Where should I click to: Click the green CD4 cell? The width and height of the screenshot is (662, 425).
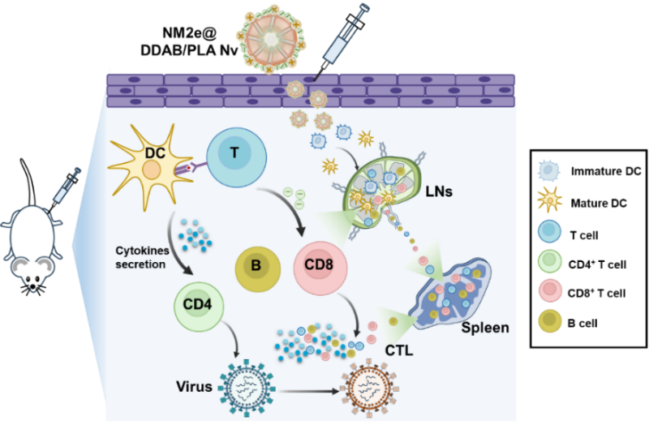click(x=198, y=306)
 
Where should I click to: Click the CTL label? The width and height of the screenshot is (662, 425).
click(x=398, y=351)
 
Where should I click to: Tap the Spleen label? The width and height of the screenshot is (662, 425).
click(x=485, y=328)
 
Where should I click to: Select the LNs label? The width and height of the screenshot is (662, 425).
click(x=439, y=192)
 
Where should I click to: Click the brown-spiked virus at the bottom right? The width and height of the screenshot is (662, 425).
click(x=373, y=388)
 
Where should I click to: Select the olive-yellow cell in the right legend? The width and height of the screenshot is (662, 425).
click(x=550, y=321)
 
